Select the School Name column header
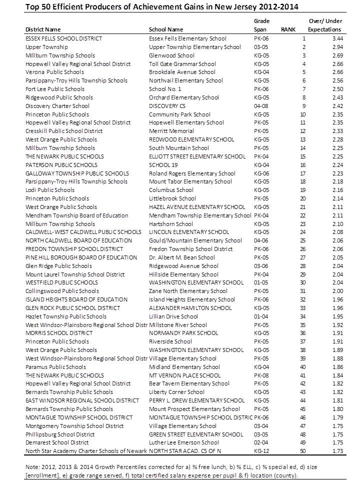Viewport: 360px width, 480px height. click(x=166, y=29)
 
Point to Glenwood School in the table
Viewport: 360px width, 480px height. click(x=171, y=55)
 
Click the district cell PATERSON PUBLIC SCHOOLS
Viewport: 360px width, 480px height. click(x=61, y=164)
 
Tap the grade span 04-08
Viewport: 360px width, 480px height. click(x=261, y=106)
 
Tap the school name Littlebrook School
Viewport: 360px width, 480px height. click(x=172, y=198)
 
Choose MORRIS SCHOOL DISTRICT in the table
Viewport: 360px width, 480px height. click(x=59, y=333)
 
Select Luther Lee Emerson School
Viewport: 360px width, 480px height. click(x=184, y=442)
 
